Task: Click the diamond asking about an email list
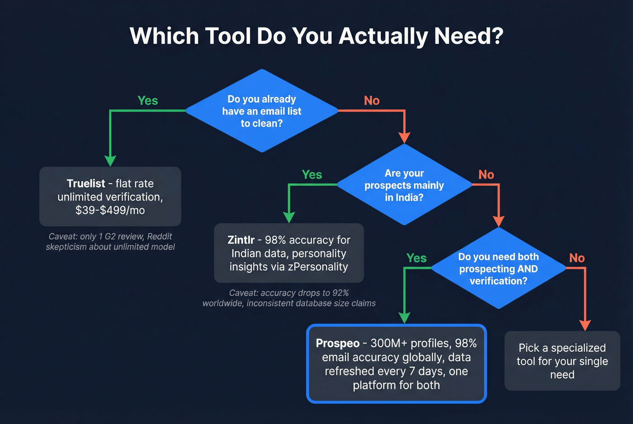[x=262, y=111]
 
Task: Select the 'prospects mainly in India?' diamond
[x=404, y=185]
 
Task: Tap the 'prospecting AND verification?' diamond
[x=498, y=269]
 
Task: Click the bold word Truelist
[x=85, y=183]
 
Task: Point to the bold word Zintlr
[x=241, y=240]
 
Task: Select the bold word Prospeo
[x=337, y=343]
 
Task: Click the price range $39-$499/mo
[x=110, y=210]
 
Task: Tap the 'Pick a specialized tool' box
[x=562, y=361]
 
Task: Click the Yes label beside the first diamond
[x=147, y=100]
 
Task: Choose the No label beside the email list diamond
[x=372, y=100]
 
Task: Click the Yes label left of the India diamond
[x=312, y=175]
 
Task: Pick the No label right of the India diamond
[x=486, y=175]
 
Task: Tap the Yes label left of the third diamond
[x=416, y=258]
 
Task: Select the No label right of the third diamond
[x=576, y=258]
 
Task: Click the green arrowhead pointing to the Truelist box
[x=110, y=161]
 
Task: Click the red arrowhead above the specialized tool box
[x=585, y=325]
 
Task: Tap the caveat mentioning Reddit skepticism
[x=110, y=242]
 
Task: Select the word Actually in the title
[x=383, y=36]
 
